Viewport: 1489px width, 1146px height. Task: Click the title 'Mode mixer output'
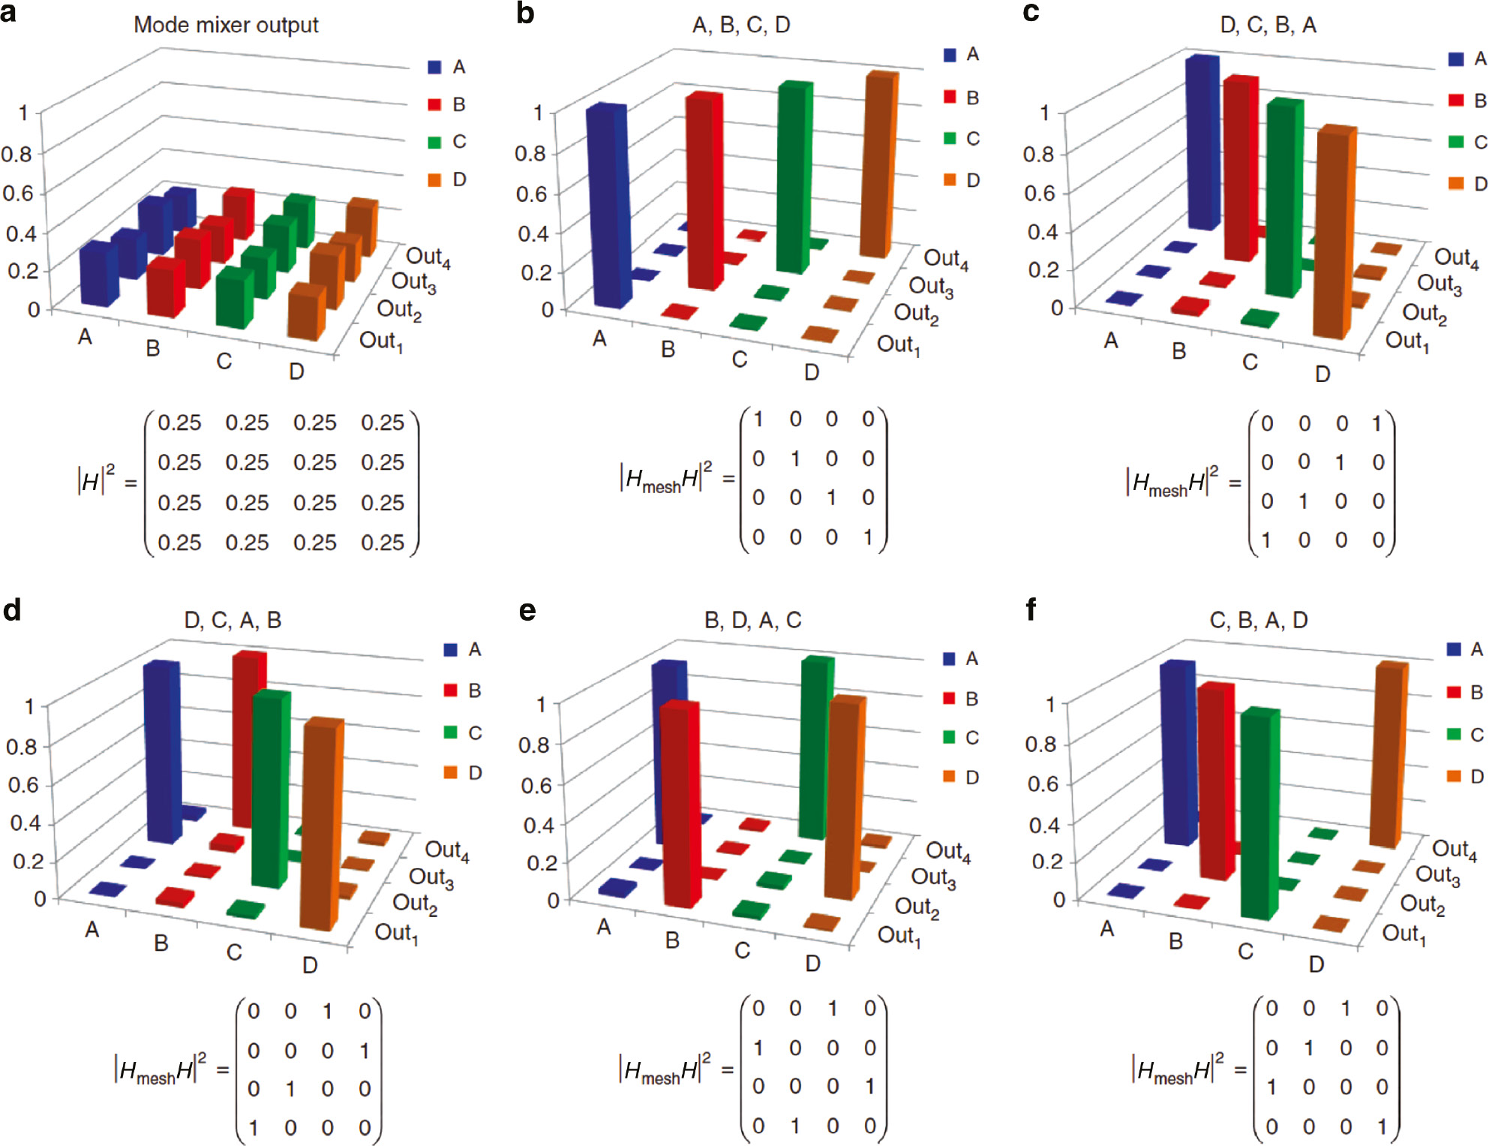pyautogui.click(x=226, y=25)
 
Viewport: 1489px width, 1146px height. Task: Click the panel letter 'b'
pyautogui.click(x=525, y=13)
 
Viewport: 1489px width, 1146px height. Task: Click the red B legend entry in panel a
pyautogui.click(x=447, y=104)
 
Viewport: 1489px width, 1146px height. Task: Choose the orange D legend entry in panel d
pyautogui.click(x=462, y=772)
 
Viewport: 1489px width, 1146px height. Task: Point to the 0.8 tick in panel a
pyautogui.click(x=17, y=154)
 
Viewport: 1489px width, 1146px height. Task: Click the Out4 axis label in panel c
pyautogui.click(x=1455, y=258)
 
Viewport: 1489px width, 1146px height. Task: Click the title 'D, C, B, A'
pyautogui.click(x=1268, y=25)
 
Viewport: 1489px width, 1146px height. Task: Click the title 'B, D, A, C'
pyautogui.click(x=752, y=620)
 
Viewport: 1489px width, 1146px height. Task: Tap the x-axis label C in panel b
pyautogui.click(x=740, y=359)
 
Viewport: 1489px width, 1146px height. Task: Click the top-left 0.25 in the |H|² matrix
pyautogui.click(x=179, y=423)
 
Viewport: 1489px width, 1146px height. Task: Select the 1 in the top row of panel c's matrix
pyautogui.click(x=1376, y=423)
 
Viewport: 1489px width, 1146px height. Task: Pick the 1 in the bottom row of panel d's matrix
pyautogui.click(x=254, y=1127)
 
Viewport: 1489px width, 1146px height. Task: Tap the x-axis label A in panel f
pyautogui.click(x=1107, y=929)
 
